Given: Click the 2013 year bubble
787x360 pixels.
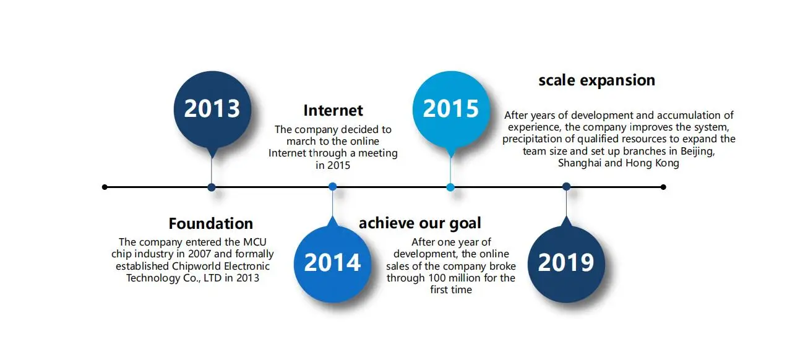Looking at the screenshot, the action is click(x=212, y=109).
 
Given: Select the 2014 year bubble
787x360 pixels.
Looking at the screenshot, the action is click(x=332, y=264).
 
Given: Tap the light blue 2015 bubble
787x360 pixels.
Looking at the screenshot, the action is click(x=451, y=109).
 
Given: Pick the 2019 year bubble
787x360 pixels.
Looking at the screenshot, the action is click(x=566, y=264).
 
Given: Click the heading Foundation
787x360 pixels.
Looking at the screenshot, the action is click(x=211, y=224).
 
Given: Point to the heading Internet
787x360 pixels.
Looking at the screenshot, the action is click(x=333, y=110).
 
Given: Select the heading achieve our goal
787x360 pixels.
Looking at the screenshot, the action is click(x=420, y=224).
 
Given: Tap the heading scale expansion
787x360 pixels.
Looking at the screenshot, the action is click(x=596, y=81).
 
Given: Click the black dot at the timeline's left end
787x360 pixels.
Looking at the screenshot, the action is click(x=105, y=187).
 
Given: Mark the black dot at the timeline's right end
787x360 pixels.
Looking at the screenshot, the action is click(x=663, y=187).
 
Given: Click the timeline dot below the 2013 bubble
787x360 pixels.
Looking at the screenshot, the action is click(x=212, y=187).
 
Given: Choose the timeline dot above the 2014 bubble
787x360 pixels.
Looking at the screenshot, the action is click(x=332, y=187).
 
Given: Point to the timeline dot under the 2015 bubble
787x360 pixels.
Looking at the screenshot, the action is click(x=450, y=187).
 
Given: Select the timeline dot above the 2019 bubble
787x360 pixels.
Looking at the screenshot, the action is click(x=566, y=187).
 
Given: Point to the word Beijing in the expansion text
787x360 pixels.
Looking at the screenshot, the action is click(x=697, y=152).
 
